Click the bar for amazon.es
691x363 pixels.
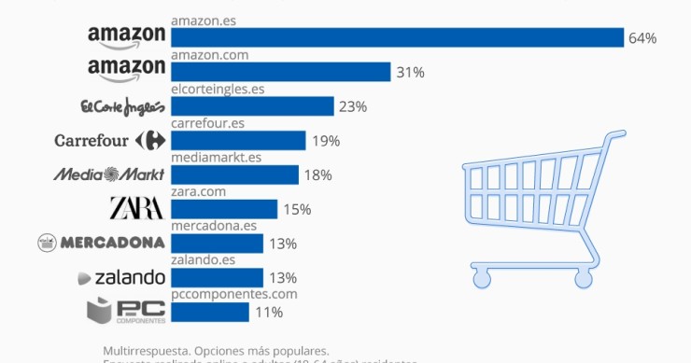point(397,37)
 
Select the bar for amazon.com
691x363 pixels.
point(280,72)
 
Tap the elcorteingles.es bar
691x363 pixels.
point(252,106)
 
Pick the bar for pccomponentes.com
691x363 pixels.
point(210,312)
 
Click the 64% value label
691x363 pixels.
point(643,38)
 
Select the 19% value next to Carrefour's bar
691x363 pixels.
point(326,141)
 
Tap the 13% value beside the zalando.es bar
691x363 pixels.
point(283,277)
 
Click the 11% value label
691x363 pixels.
point(269,312)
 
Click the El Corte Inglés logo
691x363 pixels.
point(123,105)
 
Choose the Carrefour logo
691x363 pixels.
point(110,141)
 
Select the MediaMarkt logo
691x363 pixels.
point(108,175)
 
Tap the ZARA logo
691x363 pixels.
point(136,208)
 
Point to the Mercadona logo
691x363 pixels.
point(101,243)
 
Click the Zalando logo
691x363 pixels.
point(121,277)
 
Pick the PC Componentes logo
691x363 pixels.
point(125,310)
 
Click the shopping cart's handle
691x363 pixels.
point(611,137)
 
